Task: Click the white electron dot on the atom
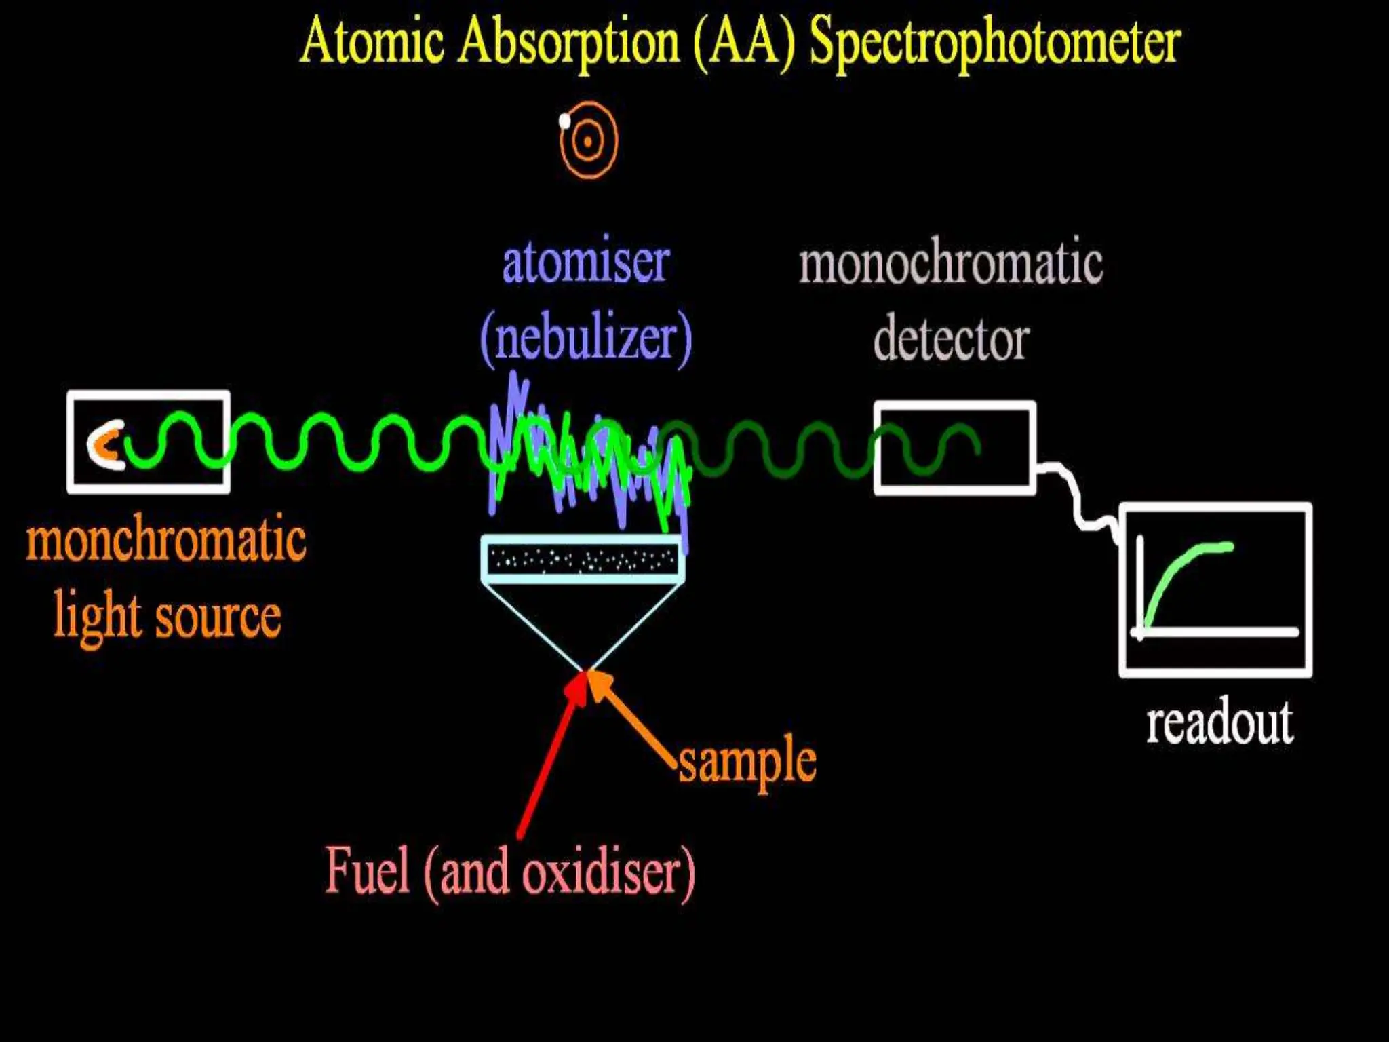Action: click(564, 121)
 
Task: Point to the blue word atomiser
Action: click(586, 263)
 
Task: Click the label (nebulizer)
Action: click(586, 339)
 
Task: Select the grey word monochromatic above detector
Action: click(951, 263)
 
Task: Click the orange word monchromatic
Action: click(166, 539)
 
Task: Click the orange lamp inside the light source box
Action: click(103, 445)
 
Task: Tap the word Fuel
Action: click(368, 871)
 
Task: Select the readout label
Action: click(1219, 723)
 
